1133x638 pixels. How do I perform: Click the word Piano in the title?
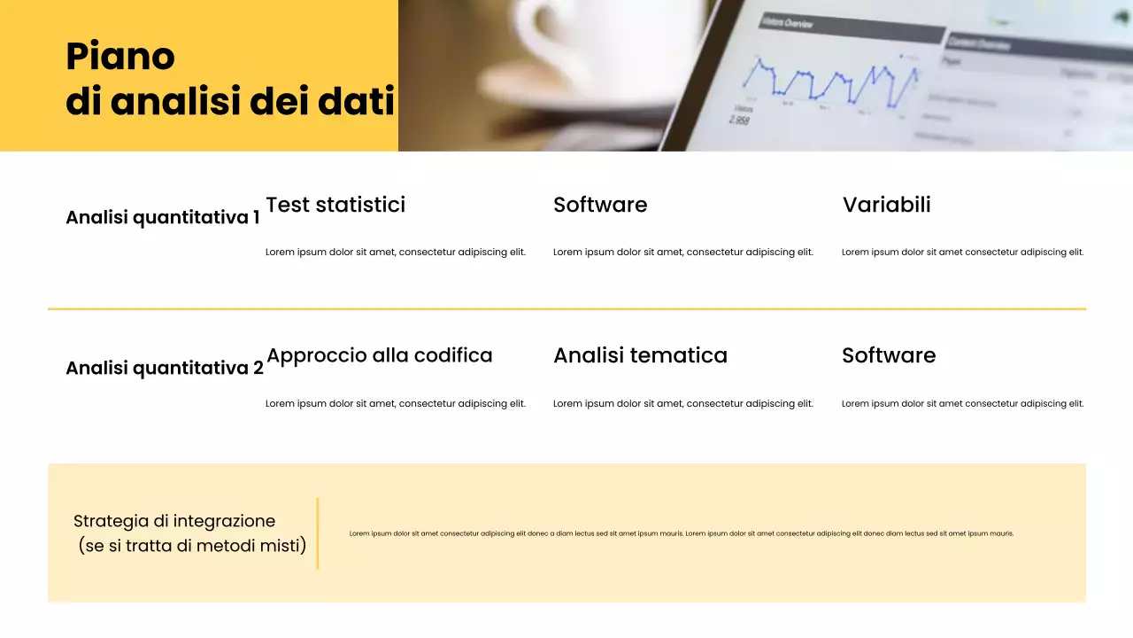point(120,57)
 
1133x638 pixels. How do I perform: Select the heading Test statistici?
point(335,205)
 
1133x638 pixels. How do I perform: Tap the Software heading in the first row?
point(600,205)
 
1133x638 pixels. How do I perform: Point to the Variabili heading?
point(886,205)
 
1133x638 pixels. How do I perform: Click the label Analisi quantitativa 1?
point(163,217)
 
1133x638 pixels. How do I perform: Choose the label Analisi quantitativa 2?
point(165,368)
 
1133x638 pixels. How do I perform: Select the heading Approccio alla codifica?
point(380,355)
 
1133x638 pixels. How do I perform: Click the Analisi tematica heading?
point(640,355)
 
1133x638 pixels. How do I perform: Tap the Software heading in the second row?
point(889,355)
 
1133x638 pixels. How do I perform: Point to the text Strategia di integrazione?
point(174,521)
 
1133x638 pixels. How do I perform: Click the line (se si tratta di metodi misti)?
point(192,546)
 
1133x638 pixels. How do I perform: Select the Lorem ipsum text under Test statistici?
point(396,253)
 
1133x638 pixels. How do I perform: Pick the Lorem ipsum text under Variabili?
point(962,253)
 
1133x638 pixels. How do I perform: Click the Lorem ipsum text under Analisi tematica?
point(682,404)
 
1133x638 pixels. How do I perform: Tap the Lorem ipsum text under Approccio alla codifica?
point(396,404)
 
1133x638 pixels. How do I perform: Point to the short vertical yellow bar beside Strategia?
point(317,533)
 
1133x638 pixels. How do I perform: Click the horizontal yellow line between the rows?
point(566,309)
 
